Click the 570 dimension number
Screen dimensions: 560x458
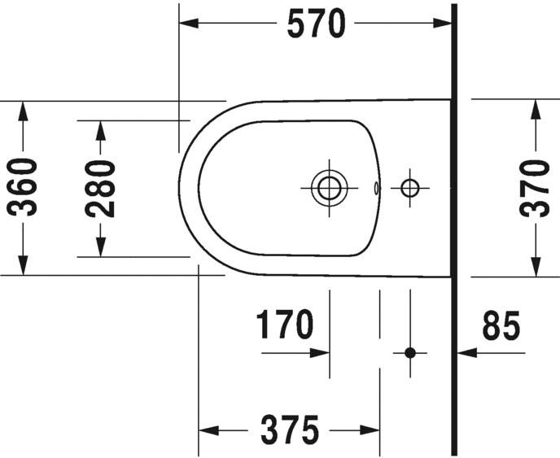click(317, 24)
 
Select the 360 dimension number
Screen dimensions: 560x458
click(22, 187)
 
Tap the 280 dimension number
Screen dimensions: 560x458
click(100, 189)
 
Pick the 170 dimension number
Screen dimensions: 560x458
click(285, 324)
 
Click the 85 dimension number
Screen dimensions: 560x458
click(501, 325)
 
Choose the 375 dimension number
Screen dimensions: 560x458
click(290, 430)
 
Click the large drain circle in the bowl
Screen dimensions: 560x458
click(329, 188)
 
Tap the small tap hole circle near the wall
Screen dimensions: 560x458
click(409, 188)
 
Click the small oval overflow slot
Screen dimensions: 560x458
click(376, 188)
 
